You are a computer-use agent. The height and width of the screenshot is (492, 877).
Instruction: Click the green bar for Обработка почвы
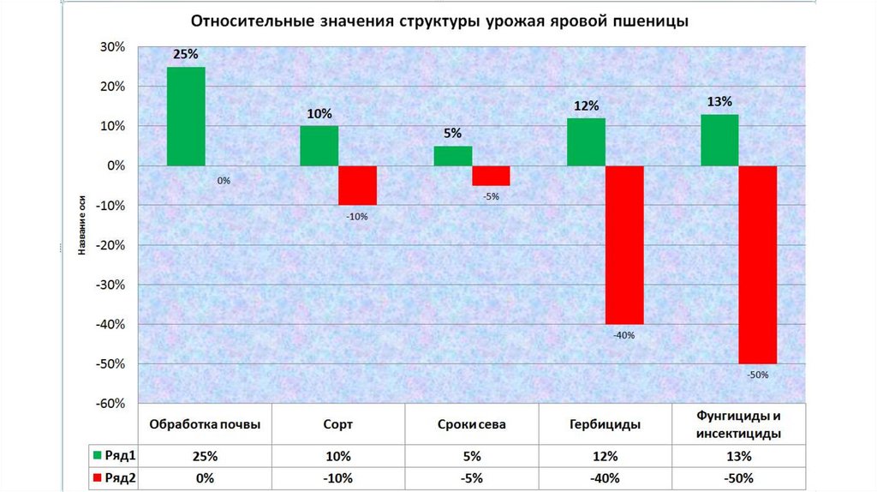click(185, 116)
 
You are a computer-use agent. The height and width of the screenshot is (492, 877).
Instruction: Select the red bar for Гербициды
click(624, 244)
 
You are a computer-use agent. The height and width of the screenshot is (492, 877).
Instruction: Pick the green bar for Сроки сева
click(453, 155)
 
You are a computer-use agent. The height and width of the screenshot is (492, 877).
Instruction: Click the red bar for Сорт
click(357, 185)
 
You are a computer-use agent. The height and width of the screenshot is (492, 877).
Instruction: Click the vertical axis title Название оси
click(82, 225)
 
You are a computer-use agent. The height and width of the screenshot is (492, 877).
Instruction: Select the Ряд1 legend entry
click(115, 455)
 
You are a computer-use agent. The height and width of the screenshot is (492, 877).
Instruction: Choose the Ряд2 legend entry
click(115, 477)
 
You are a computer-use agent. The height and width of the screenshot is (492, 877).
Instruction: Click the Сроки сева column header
click(471, 424)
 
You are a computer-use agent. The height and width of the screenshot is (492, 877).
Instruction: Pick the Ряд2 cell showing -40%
click(605, 477)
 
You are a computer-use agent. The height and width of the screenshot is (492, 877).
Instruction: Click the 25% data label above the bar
click(185, 54)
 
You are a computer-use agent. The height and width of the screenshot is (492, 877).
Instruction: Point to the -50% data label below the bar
click(758, 375)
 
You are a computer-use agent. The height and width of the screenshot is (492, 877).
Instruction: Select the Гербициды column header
click(605, 424)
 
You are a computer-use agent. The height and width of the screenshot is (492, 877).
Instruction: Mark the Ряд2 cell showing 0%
click(205, 477)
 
